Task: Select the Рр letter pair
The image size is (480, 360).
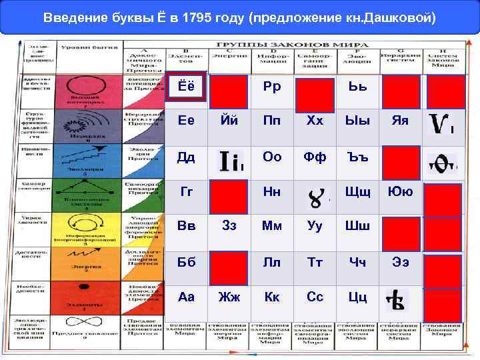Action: pos(272,87)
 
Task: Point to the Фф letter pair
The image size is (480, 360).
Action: pos(315,157)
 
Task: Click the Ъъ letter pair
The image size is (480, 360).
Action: pos(357,157)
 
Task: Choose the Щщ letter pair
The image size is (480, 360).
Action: pos(357,193)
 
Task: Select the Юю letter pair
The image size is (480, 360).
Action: pos(399,193)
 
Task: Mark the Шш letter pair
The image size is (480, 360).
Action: pos(357,226)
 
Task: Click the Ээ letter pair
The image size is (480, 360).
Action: pos(399,262)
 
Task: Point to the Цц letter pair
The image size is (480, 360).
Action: pos(357,297)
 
